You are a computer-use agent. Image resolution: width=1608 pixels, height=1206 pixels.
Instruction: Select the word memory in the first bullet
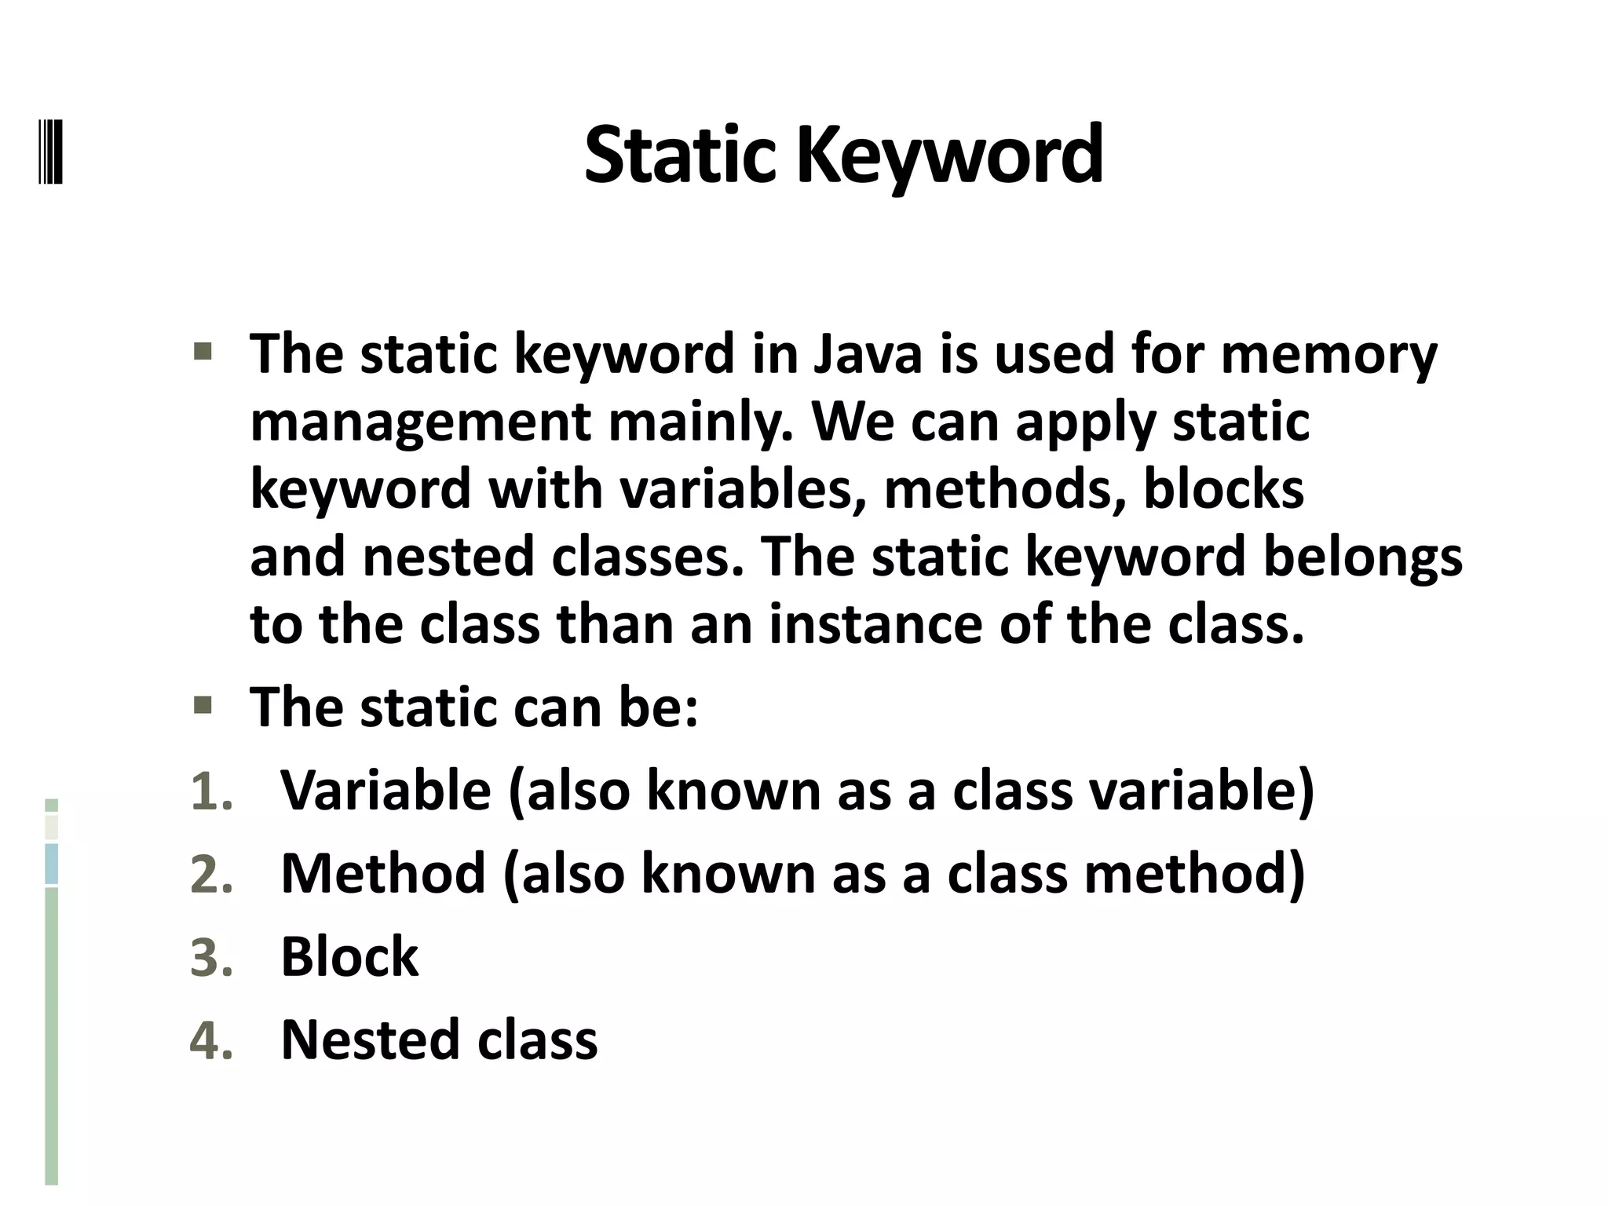click(1328, 356)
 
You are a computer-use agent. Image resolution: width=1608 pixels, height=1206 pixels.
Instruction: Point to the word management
click(420, 424)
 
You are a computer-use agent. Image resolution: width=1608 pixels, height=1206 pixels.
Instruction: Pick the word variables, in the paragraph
click(743, 489)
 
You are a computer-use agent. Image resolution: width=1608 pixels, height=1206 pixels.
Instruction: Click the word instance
click(875, 625)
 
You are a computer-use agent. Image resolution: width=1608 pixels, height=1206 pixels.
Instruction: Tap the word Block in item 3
click(349, 957)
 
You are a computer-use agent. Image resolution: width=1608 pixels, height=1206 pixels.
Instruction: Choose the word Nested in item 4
click(370, 1040)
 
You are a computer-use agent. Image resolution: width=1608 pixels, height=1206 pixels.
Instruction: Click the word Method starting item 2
click(383, 874)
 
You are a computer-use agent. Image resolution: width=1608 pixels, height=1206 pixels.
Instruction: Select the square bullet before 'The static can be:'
click(203, 704)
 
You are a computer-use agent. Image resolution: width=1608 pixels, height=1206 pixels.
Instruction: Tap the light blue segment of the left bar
click(52, 864)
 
